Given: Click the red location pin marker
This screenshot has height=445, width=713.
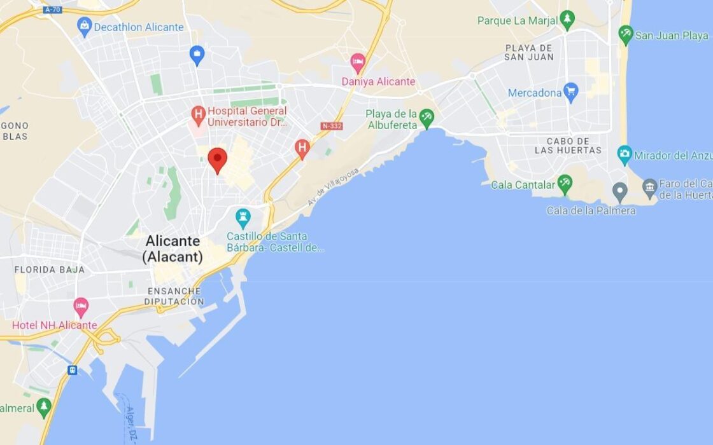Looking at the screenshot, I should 218,159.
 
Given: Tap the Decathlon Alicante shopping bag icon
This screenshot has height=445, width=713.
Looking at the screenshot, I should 84,27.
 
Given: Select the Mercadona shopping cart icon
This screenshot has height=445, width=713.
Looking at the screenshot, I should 570,92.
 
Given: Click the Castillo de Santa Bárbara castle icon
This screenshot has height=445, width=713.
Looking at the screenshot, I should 243,217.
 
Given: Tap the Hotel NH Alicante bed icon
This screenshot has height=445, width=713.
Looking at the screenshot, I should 81,307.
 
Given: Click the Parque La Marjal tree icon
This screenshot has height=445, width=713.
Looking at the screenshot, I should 567,20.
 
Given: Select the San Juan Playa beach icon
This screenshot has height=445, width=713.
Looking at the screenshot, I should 626,35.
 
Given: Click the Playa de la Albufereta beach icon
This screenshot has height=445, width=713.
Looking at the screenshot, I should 427,118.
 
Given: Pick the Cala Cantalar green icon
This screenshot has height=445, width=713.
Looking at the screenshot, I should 565,184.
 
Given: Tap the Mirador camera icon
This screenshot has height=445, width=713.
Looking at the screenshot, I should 625,154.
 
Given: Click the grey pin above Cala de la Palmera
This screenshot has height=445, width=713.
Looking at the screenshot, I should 619,191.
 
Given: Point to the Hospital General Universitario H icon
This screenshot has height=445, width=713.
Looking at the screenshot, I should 199,115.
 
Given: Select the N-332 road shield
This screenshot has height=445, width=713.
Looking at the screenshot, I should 332,126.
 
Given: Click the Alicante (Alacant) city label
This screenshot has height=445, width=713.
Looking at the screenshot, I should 173,249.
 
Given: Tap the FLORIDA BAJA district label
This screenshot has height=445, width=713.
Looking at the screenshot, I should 50,270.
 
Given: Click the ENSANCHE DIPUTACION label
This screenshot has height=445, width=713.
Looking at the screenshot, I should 174,296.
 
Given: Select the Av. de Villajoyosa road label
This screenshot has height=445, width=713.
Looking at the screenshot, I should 334,186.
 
